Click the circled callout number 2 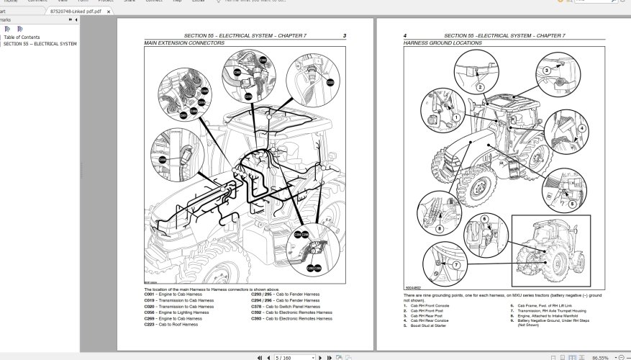pos(479,88)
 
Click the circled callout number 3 pos(546,70)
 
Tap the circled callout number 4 pos(581,128)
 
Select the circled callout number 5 pos(572,204)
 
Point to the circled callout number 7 pos(455,264)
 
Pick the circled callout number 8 pos(439,230)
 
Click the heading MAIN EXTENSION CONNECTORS pos(184,43)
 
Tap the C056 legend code pos(150,312)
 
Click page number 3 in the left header pos(345,36)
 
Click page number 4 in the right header pos(405,36)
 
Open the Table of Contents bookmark pos(22,37)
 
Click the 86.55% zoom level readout pos(600,357)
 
